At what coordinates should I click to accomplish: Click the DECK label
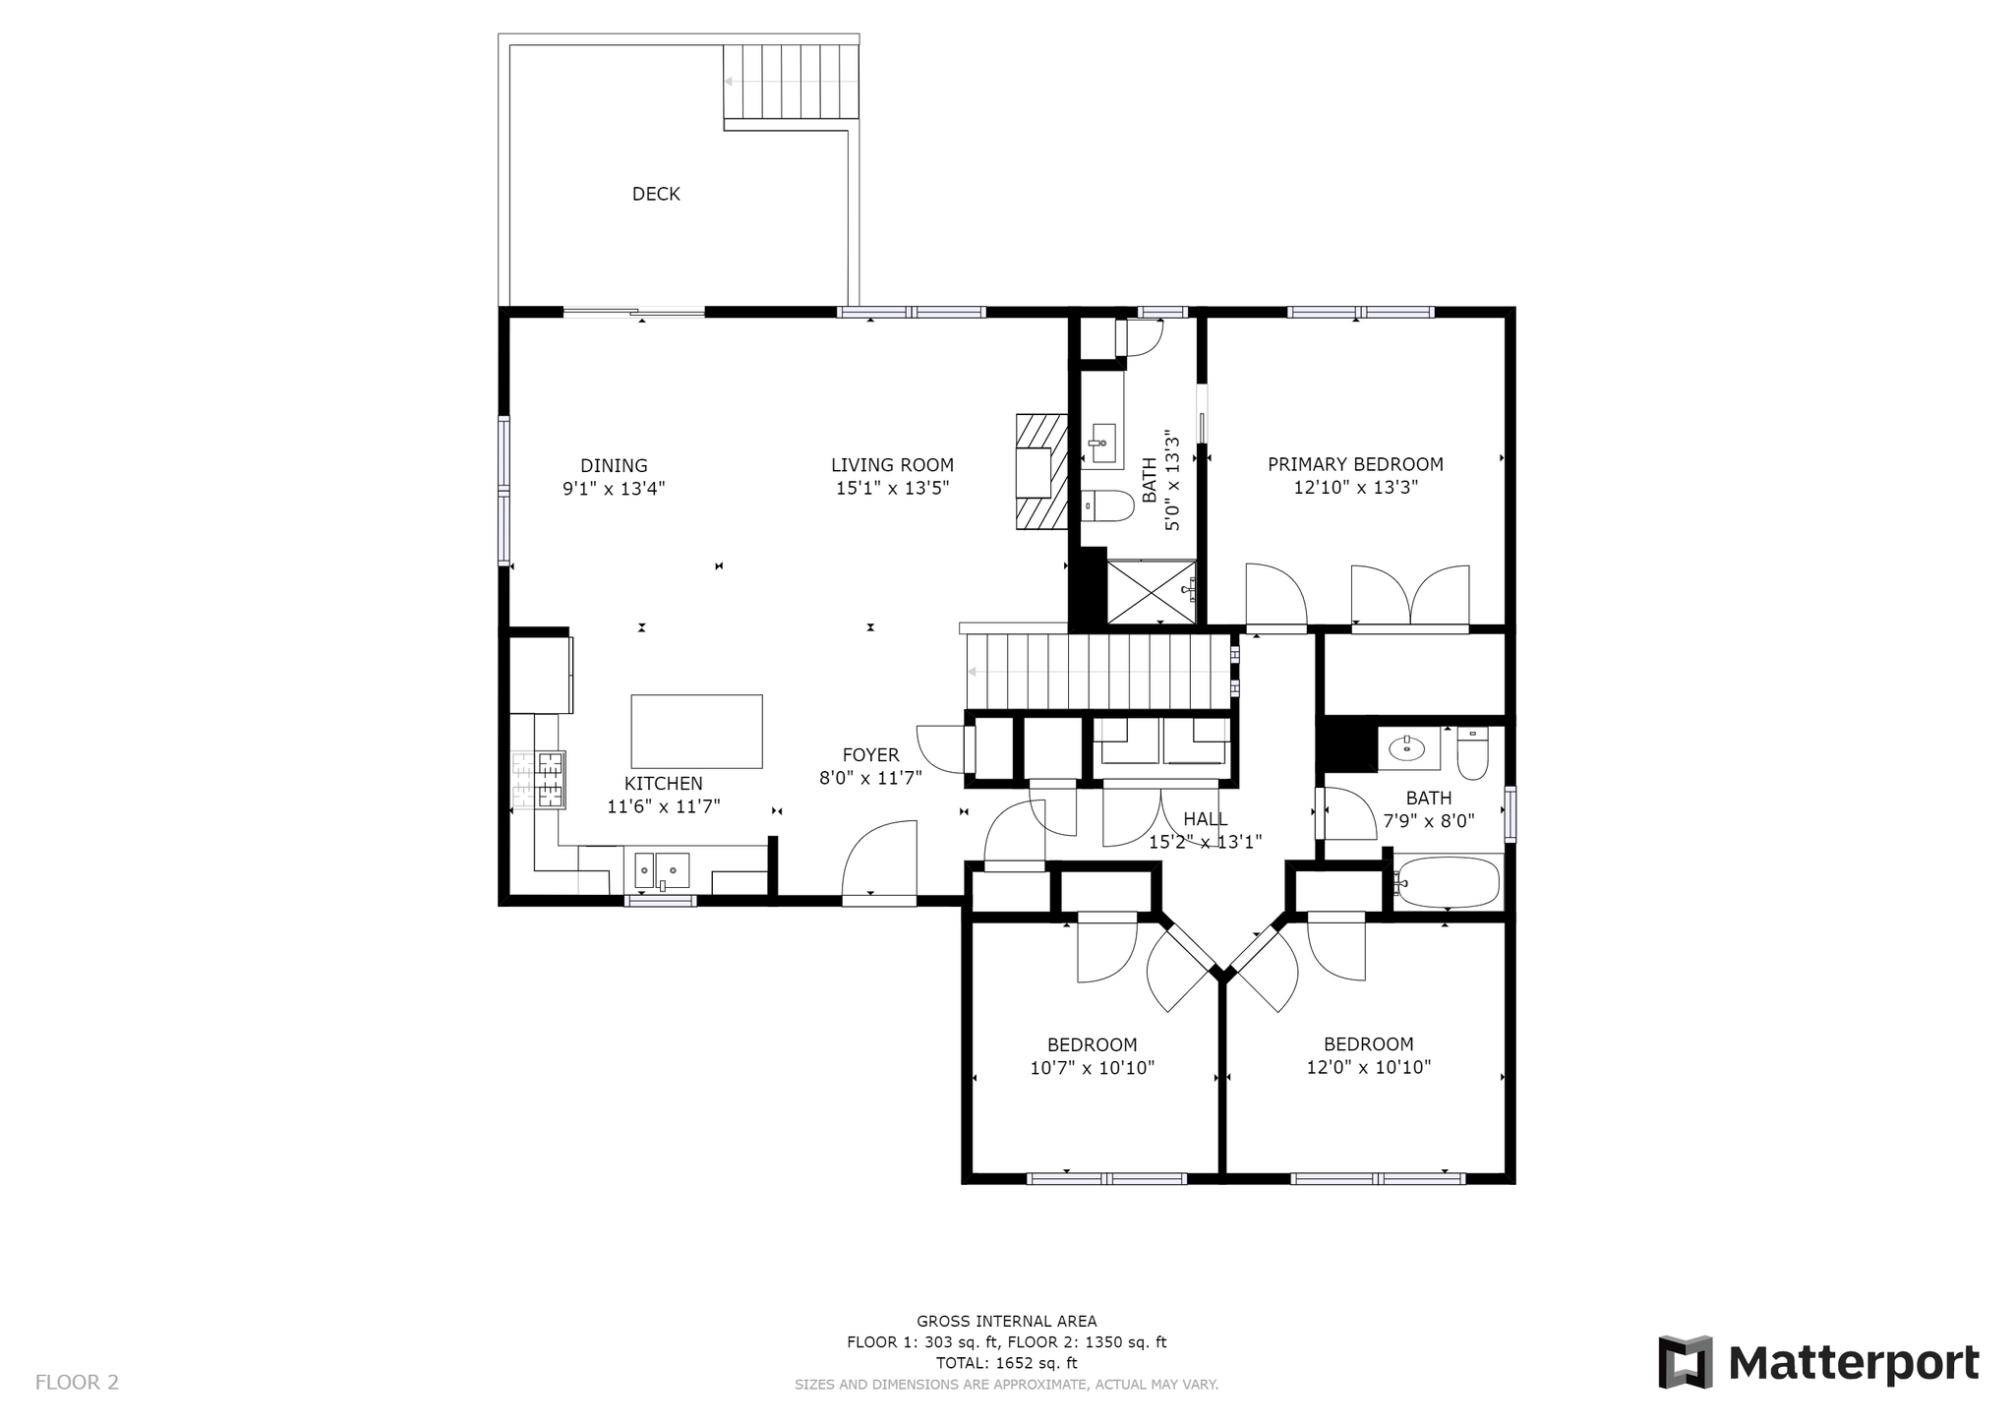click(656, 194)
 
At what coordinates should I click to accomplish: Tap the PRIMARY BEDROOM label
click(1355, 464)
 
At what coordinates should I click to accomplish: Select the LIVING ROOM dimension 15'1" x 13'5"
click(892, 488)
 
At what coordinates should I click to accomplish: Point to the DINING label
click(614, 465)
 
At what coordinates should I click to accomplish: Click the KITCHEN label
click(664, 784)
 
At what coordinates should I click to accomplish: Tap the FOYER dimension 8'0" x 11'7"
click(870, 779)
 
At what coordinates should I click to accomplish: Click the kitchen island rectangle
click(696, 731)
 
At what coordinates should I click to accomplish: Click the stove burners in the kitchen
click(538, 780)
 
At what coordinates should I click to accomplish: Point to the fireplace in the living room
click(1041, 472)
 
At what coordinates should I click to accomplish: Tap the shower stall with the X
click(1152, 591)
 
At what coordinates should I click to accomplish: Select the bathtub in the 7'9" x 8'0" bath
click(1448, 882)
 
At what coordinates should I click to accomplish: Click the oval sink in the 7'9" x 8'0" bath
click(1407, 748)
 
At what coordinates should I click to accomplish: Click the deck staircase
click(792, 83)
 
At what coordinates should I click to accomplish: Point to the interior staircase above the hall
click(1099, 672)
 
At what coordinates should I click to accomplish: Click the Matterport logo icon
click(1686, 1362)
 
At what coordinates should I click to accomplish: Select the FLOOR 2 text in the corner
click(77, 1382)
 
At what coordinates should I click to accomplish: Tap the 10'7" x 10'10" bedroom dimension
click(1092, 1067)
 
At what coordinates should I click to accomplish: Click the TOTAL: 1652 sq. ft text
click(1006, 1363)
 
